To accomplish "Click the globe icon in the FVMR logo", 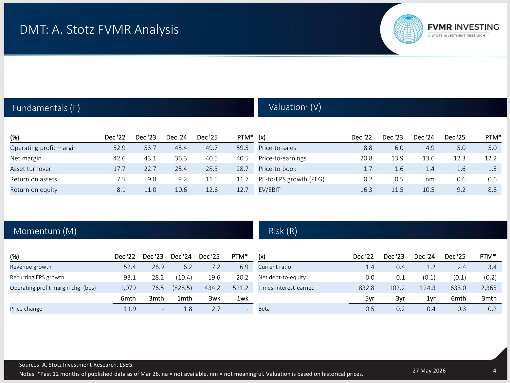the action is click(408, 29).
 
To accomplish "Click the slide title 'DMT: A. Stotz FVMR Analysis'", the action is click(99, 29).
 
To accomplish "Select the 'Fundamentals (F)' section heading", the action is click(46, 108).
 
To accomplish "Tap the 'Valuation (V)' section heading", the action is click(295, 107).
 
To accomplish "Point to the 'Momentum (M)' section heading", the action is click(45, 231).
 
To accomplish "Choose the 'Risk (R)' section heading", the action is click(283, 231).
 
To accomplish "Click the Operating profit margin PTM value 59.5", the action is click(242, 148).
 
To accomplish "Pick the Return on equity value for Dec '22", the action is click(121, 190).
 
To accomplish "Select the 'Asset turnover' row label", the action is click(31, 169).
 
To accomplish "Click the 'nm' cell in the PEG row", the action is click(430, 179).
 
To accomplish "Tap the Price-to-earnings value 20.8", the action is click(366, 158).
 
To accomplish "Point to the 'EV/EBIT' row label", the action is click(269, 190).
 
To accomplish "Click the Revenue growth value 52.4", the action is click(130, 267).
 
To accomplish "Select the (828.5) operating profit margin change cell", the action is click(182, 288).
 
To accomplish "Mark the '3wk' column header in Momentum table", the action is click(214, 298).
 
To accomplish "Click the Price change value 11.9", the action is click(130, 309).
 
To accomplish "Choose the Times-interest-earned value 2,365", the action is click(489, 288).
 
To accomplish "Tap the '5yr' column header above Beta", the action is click(370, 299).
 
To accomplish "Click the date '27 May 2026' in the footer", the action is click(429, 371).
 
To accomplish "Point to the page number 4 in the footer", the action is click(494, 371).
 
